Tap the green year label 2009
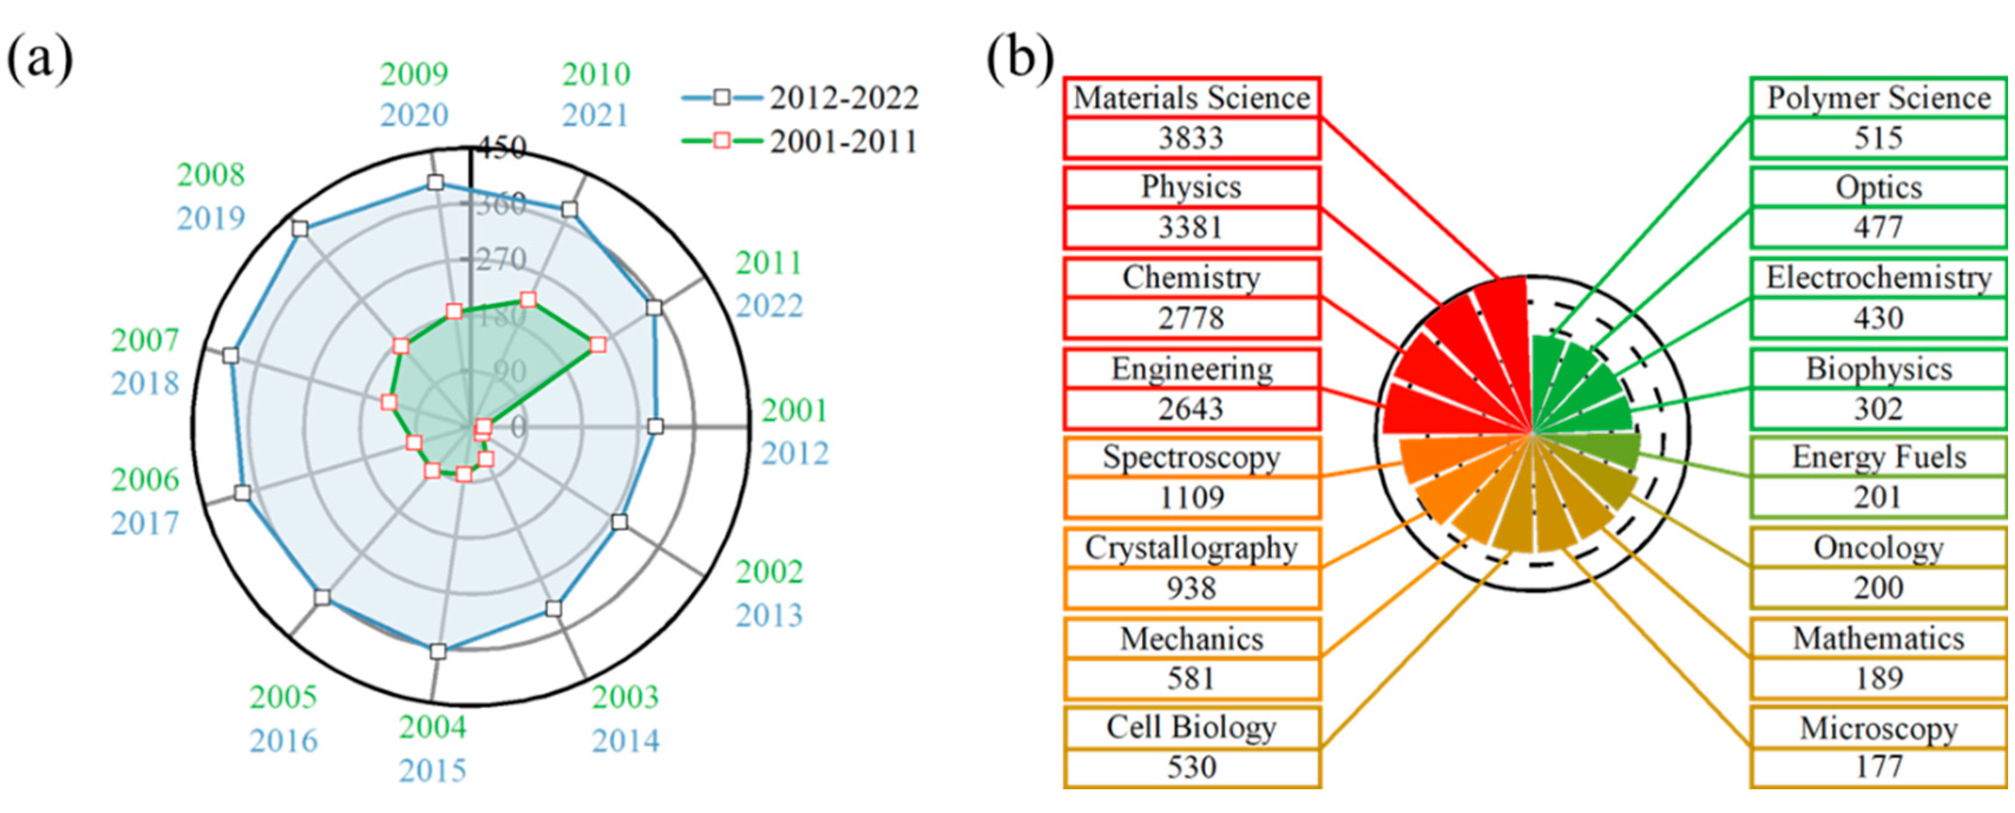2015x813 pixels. click(x=415, y=74)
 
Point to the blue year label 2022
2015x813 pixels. click(x=769, y=306)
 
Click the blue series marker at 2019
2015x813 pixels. click(x=300, y=228)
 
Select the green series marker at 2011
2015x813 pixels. click(x=597, y=344)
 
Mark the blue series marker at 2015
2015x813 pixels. click(x=438, y=650)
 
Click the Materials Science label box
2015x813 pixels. click(x=1191, y=98)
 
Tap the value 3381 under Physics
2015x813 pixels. click(x=1190, y=228)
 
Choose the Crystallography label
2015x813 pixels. click(x=1191, y=548)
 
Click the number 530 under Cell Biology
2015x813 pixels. click(x=1191, y=768)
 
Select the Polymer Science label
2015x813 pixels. click(x=1878, y=98)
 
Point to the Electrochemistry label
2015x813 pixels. click(x=1878, y=278)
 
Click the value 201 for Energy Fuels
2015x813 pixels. click(x=1878, y=497)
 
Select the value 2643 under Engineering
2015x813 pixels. click(x=1190, y=409)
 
